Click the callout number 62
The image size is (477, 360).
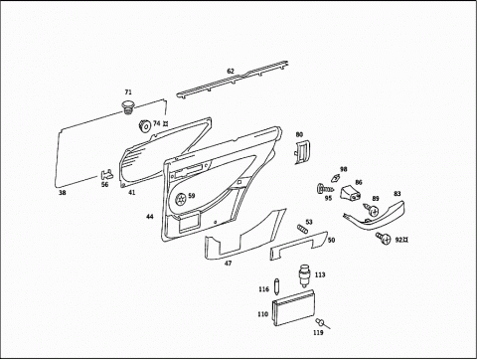[231, 71]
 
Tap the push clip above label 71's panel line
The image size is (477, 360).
[128, 107]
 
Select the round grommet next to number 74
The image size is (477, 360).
[144, 125]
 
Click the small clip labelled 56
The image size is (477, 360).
[106, 175]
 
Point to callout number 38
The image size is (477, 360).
[63, 193]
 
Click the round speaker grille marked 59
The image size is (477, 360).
[181, 199]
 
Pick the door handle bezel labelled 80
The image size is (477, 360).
[301, 151]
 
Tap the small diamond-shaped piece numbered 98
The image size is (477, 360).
[336, 178]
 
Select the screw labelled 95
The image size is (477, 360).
[325, 189]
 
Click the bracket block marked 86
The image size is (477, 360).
[352, 193]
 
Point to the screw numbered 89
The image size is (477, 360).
[371, 210]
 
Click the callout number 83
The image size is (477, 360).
[397, 194]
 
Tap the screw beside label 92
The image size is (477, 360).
[384, 237]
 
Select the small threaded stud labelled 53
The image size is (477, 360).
[302, 229]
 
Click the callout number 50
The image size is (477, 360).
[331, 240]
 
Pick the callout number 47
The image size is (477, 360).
[229, 264]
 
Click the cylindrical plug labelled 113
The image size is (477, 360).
[304, 275]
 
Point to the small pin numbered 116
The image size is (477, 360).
[276, 285]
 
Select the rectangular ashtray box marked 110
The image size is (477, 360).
[293, 308]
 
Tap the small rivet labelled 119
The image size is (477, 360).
[321, 322]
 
